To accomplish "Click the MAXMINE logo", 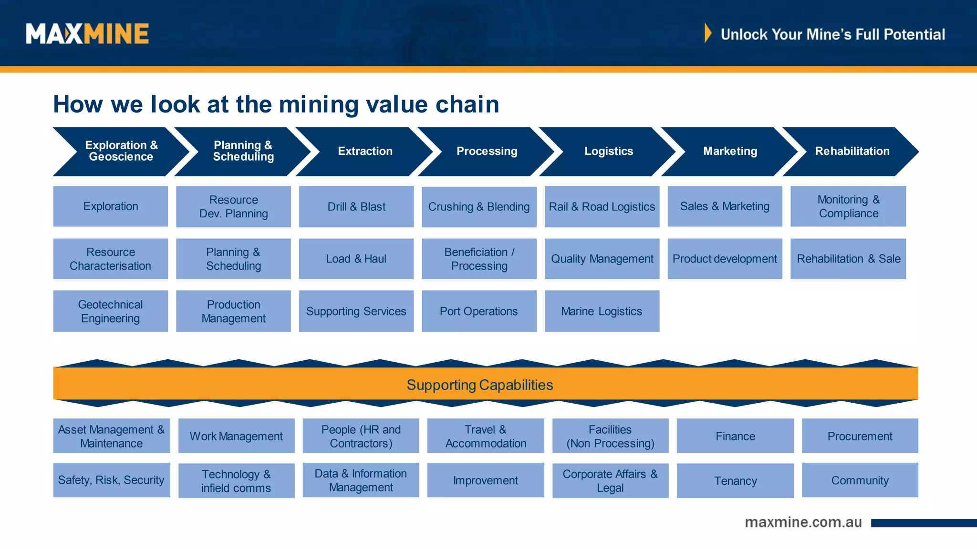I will (87, 34).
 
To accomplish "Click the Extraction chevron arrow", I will (365, 152).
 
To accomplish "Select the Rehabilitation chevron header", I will (852, 152).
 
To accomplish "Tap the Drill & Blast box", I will (356, 207).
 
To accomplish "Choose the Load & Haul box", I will (356, 259).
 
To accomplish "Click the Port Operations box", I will (479, 311).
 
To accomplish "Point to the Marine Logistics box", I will (602, 311).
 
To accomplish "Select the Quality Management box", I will (602, 259).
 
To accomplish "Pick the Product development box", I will (725, 259).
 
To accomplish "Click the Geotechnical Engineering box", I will (110, 311).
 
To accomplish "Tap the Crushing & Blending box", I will (479, 207).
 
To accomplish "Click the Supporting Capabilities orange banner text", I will (479, 385).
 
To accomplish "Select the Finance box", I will (735, 436).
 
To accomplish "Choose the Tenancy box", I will (735, 481).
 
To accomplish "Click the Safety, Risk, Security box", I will (111, 480).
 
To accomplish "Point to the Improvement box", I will (485, 480).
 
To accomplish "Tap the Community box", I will (860, 480).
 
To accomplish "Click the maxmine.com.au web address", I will (803, 522).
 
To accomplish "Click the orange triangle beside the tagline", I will (708, 33).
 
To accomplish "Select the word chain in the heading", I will (467, 104).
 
